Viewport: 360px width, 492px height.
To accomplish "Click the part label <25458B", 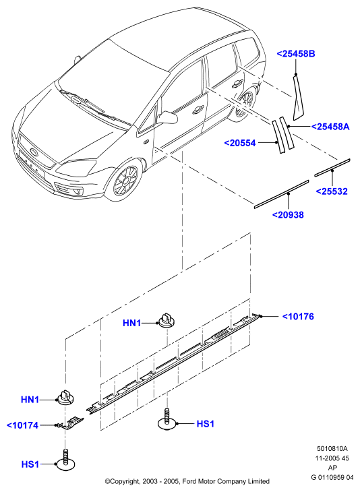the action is coord(296,54).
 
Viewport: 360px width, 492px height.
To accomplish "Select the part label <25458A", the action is coord(330,127).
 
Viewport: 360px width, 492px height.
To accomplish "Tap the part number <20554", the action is coord(240,143).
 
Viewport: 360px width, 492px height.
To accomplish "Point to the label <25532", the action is coord(332,191).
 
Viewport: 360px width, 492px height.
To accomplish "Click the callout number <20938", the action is coord(288,215).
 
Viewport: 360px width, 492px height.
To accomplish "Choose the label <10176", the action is coord(298,316).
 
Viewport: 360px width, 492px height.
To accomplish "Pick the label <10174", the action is coord(23,425).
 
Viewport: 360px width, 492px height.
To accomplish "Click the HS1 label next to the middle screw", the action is coord(205,424).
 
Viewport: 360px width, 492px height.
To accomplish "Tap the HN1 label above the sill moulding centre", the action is coord(132,323).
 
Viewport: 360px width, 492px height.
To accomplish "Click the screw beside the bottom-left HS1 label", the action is coord(65,460).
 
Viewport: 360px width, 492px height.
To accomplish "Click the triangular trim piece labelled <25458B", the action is coord(299,97).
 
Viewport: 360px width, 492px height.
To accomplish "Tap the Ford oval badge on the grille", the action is coord(33,152).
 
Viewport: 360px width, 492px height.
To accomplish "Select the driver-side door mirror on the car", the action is coord(167,117).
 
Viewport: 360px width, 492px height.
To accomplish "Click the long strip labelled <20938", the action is coord(282,193).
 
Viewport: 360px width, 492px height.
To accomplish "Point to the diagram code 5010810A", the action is coord(332,449).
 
